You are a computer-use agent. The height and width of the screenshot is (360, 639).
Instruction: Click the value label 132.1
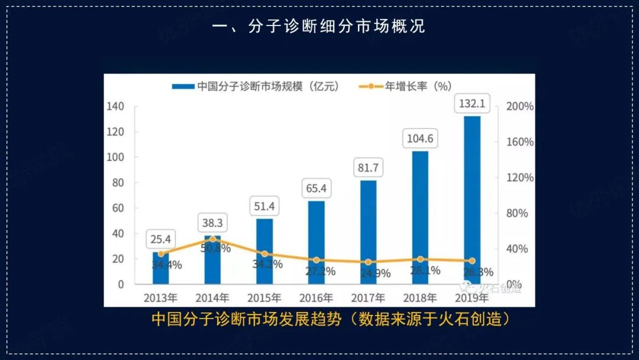pos(472,104)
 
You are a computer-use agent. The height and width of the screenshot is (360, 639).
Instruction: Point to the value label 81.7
pos(368,168)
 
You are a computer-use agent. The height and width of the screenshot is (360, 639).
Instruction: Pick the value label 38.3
pos(212,223)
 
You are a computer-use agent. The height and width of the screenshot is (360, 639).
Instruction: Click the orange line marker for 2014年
pos(213,239)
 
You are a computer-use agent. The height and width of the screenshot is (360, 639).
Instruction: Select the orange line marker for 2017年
pos(368,262)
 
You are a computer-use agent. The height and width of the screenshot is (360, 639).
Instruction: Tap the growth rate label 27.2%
pos(321,271)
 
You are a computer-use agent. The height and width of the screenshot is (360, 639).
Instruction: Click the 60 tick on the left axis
pos(118,208)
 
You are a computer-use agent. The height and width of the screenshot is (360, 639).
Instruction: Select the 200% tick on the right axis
pos(521,107)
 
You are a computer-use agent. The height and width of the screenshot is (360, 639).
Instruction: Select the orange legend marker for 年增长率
pos(370,86)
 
